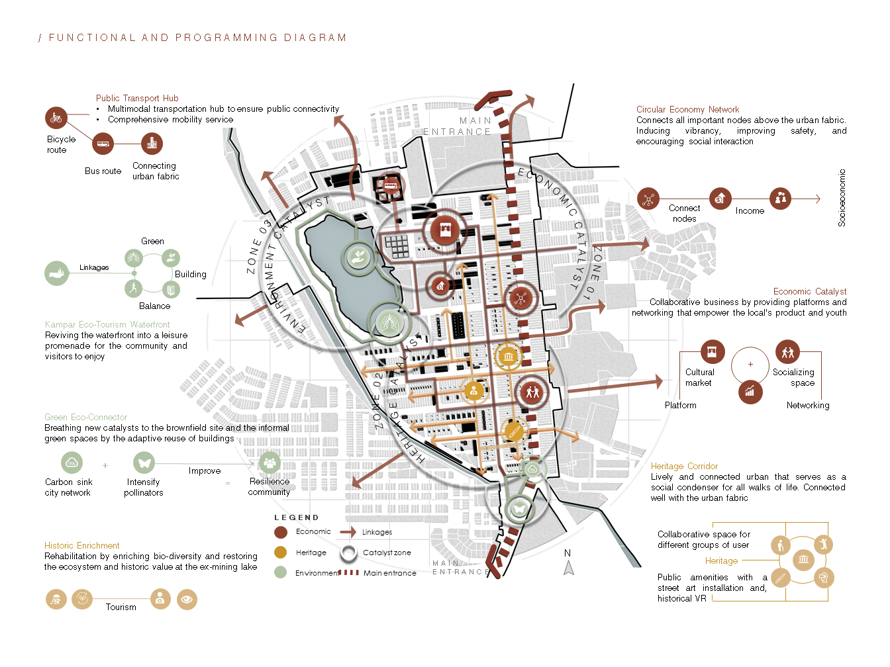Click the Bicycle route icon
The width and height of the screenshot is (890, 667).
pos(56,118)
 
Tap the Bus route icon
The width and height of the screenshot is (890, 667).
pos(103,143)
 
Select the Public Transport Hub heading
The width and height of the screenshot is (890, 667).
pos(137,98)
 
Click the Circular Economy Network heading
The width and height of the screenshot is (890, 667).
pos(687,109)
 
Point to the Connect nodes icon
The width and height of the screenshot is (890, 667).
pos(648,199)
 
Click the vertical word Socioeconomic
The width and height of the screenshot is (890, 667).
pos(842,198)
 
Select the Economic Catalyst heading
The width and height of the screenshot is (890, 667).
pos(809,291)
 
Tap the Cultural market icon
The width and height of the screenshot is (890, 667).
pos(713,352)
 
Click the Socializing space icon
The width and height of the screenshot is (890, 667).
pos(787,352)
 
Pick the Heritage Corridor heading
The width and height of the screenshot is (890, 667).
pos(684,466)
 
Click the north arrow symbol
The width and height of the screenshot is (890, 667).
pos(568,568)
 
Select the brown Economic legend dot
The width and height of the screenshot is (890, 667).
pos(281,532)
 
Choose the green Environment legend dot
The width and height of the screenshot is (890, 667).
pos(281,572)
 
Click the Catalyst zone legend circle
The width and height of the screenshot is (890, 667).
pos(349,553)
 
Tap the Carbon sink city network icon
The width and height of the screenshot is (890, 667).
pos(72,463)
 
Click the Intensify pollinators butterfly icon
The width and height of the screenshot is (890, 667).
pos(144,463)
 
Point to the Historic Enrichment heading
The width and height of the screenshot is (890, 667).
pos(82,545)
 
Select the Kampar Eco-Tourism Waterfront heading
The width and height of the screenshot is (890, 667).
pos(107,324)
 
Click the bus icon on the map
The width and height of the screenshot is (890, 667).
pos(391,186)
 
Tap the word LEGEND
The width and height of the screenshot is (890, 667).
pos(296,517)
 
